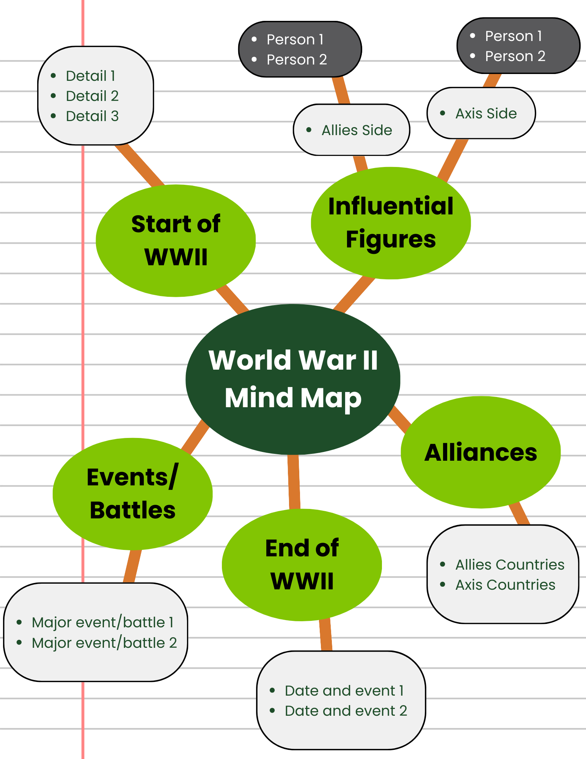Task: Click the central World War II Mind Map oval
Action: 293,379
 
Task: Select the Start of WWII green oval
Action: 176,241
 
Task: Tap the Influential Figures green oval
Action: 391,223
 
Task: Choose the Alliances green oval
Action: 481,452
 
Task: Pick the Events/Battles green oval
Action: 132,494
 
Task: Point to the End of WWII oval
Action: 302,565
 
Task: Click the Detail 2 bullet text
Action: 92,96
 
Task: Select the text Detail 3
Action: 92,116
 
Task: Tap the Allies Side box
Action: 352,130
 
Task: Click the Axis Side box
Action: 481,113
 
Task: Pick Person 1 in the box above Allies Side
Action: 295,39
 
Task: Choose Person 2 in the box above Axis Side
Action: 515,56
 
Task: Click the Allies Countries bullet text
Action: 510,565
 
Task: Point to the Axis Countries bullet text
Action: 505,585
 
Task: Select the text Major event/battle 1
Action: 103,622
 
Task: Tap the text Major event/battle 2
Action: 104,643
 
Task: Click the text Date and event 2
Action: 346,711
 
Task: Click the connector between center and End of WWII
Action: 294,482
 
